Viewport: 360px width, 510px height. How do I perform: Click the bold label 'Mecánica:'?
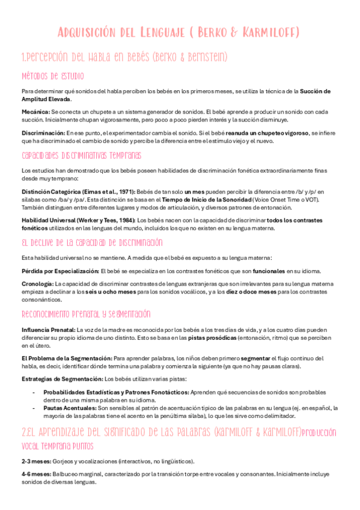click(35, 112)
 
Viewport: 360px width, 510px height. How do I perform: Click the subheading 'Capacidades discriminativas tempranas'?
click(81, 155)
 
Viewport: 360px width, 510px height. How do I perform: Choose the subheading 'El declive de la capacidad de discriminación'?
click(92, 242)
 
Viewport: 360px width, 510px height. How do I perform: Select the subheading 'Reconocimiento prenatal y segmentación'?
click(85, 314)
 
